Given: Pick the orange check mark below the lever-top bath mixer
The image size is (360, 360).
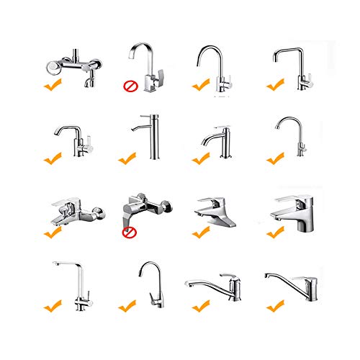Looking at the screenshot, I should click(x=52, y=233).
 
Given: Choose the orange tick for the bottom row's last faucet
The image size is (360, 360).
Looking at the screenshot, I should click(x=274, y=307).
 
